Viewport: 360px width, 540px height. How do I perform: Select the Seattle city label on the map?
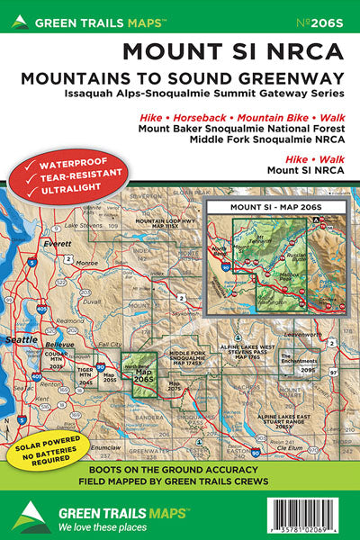click(x=20, y=339)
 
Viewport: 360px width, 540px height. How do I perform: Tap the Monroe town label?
click(x=86, y=263)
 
